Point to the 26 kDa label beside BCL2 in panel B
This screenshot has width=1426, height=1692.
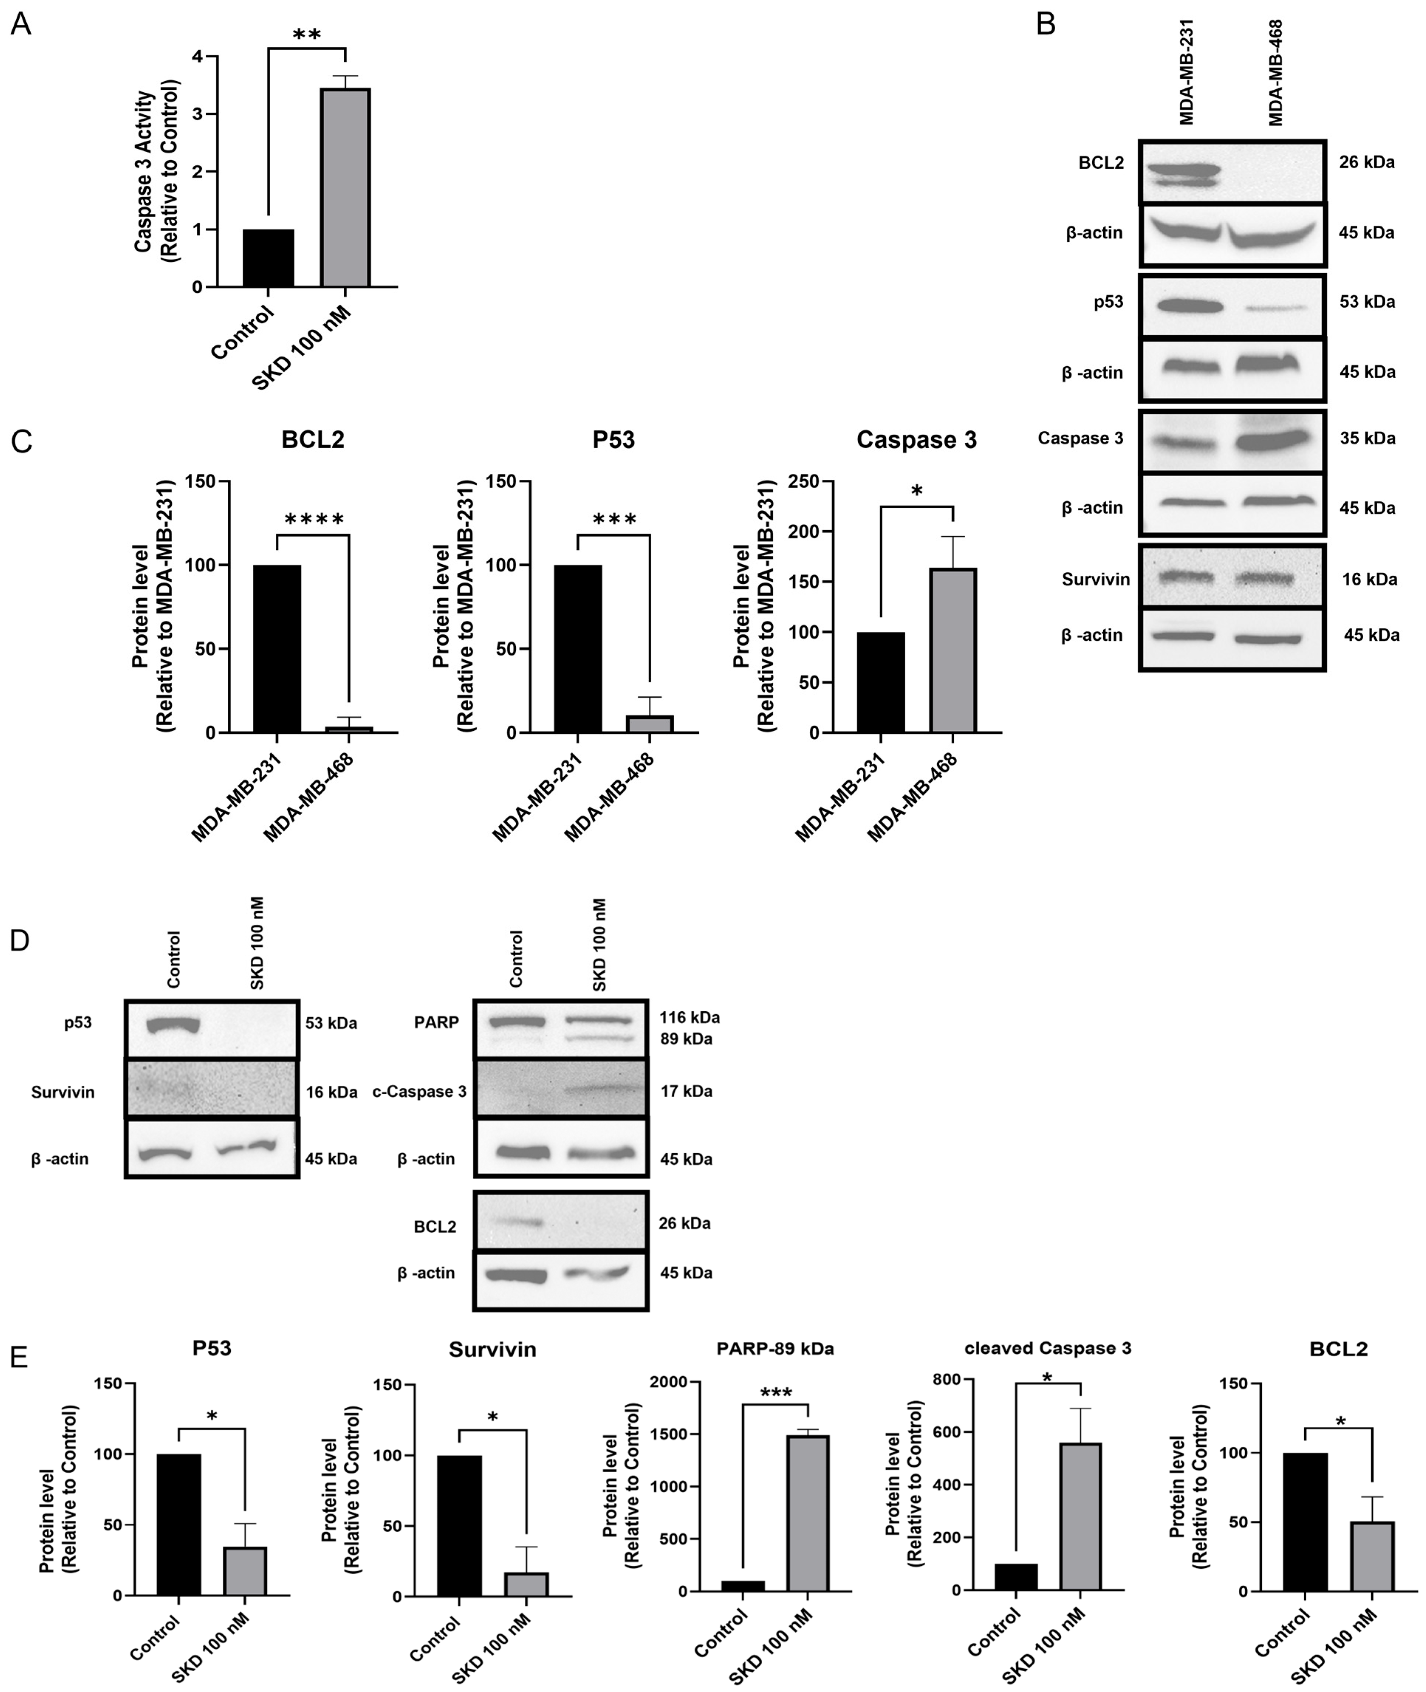point(1366,162)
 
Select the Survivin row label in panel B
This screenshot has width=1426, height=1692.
point(1096,580)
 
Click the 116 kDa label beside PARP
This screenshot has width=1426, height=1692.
point(689,1018)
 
